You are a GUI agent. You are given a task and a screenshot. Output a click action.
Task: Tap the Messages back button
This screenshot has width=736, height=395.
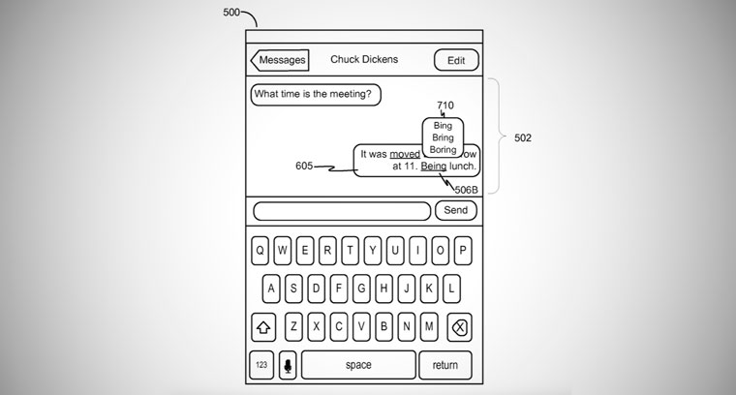pos(279,60)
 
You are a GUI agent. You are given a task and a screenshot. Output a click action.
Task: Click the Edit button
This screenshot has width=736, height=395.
pos(455,60)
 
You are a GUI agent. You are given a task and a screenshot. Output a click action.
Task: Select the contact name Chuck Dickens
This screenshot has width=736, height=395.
pos(364,60)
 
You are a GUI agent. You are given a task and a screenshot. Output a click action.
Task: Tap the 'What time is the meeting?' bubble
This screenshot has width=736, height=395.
pos(315,94)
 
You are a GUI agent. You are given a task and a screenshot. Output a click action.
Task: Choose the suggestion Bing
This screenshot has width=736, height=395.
pos(443,127)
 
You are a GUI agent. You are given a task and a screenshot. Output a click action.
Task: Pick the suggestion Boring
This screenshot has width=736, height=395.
pos(443,150)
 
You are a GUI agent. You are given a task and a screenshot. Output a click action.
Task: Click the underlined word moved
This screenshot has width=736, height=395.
pos(405,153)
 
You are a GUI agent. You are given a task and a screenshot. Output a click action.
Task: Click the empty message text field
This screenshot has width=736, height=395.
pos(342,211)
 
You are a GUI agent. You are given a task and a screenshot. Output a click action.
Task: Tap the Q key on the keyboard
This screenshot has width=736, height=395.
pos(261,249)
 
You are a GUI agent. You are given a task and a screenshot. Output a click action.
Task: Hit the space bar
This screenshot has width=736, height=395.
pos(358,365)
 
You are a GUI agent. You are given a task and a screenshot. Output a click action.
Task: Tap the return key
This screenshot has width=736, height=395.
pos(445,365)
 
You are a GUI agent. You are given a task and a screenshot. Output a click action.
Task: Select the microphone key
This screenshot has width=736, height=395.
pos(287,365)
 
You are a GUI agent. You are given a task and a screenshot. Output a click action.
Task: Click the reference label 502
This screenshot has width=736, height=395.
pos(522,137)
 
